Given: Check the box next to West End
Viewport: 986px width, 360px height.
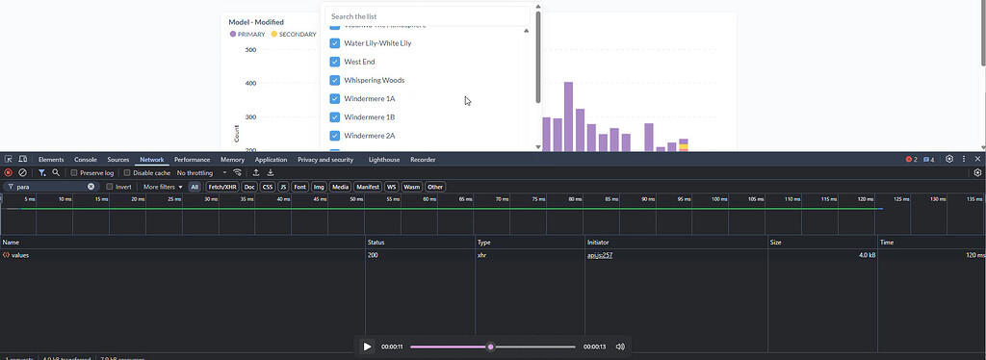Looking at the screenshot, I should pyautogui.click(x=334, y=62).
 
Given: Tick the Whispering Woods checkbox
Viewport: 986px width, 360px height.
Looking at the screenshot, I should pyautogui.click(x=334, y=80).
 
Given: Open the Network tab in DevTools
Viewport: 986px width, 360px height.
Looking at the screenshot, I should pyautogui.click(x=152, y=159).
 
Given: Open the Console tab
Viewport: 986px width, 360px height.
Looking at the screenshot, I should pyautogui.click(x=86, y=159).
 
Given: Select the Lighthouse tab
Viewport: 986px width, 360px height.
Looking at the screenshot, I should pyautogui.click(x=384, y=159).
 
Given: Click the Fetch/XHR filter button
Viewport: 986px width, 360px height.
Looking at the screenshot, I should pyautogui.click(x=222, y=187).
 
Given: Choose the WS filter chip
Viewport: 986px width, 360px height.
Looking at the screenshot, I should pyautogui.click(x=391, y=187).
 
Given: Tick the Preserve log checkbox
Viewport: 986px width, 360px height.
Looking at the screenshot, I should pyautogui.click(x=74, y=173).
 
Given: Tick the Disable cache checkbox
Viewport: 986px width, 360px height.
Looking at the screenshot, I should pyautogui.click(x=127, y=173).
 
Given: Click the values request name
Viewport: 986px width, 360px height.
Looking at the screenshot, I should pyautogui.click(x=19, y=255).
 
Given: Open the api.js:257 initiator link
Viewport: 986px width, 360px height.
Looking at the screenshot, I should pyautogui.click(x=600, y=255).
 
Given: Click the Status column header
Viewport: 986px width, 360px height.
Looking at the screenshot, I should pyautogui.click(x=376, y=242).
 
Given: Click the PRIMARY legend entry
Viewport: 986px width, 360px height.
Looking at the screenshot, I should pyautogui.click(x=247, y=35).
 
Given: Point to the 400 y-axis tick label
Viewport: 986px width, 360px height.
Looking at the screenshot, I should pyautogui.click(x=249, y=83).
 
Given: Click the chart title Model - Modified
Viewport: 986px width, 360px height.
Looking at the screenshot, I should pyautogui.click(x=255, y=21).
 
